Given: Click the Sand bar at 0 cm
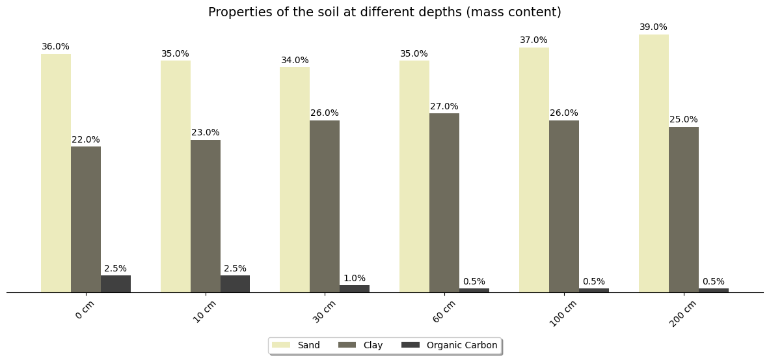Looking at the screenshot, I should pos(56,173).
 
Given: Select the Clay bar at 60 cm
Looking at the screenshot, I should pos(444,202).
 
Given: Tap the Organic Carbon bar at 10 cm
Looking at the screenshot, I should pos(235,284).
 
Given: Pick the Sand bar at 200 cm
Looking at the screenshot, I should pos(653,163).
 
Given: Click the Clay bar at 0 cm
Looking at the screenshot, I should pos(86,219).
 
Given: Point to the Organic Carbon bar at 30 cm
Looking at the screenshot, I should pos(355,288).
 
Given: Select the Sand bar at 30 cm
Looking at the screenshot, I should pos(295,180).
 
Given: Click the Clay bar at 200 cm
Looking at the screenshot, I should pos(683,210).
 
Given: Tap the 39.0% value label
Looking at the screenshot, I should pos(653,27).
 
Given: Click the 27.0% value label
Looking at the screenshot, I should pos(444,107).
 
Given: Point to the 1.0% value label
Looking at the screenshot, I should pos(355,279).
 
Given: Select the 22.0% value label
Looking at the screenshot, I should pos(86,140).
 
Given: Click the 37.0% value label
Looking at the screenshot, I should pos(533,40).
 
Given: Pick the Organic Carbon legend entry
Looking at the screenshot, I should pos(450,345).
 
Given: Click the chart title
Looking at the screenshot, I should pos(384,12).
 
